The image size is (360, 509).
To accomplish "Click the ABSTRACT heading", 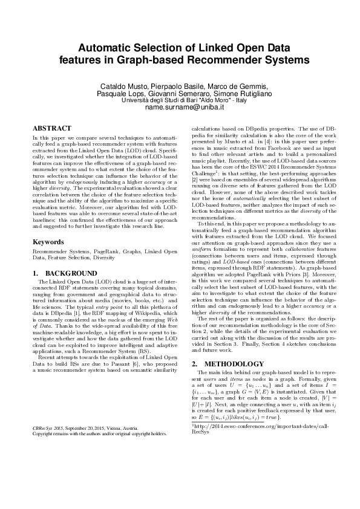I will (51, 129).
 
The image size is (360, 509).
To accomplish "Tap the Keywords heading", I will (48, 242).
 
